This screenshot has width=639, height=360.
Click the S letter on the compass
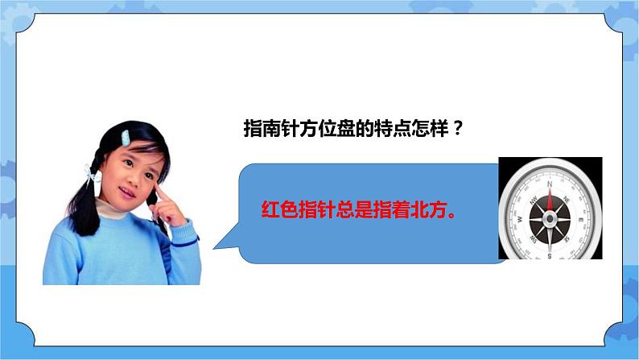[550, 257]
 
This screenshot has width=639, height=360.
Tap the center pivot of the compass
[550, 219]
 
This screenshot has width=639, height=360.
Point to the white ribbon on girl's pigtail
[91, 172]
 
